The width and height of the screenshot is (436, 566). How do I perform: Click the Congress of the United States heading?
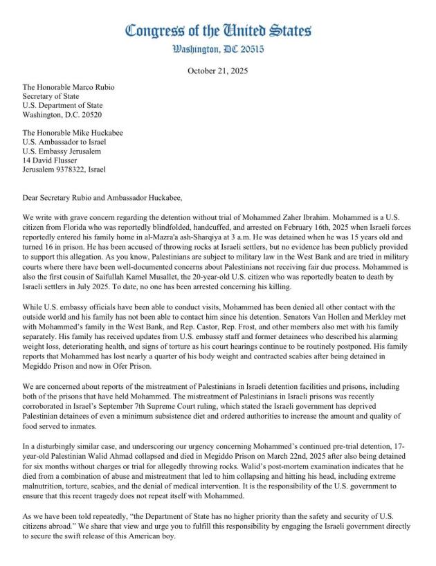[x=218, y=30]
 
